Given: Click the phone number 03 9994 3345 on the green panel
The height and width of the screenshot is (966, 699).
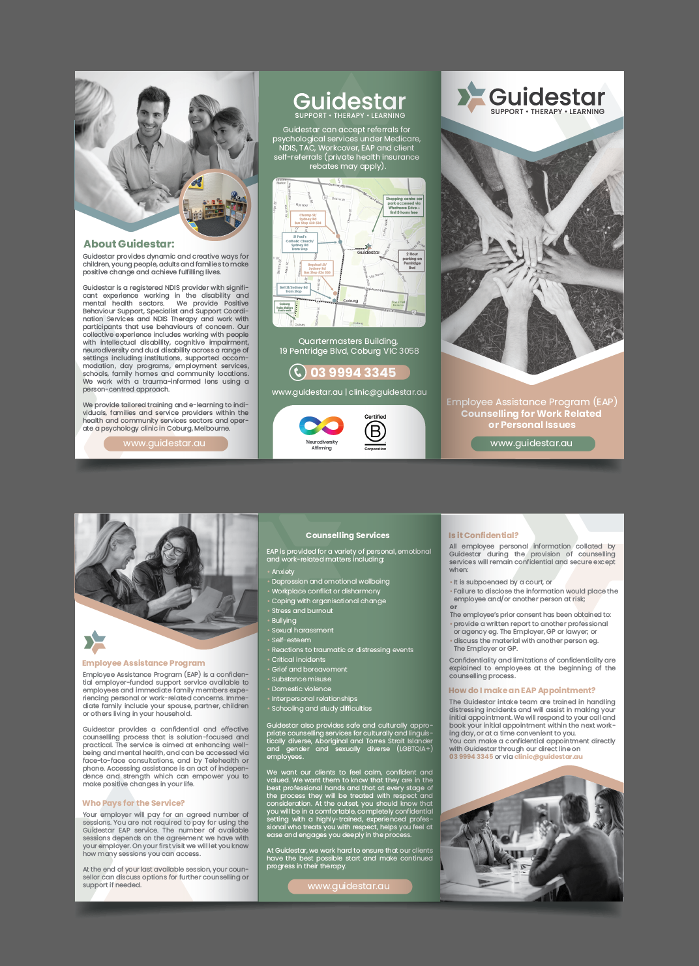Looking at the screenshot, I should (353, 373).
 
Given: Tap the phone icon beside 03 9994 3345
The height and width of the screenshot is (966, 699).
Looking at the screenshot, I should (298, 372).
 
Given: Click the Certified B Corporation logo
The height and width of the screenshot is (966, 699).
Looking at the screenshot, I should (375, 432).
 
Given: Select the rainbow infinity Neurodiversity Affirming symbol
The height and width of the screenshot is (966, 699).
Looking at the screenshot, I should (321, 427).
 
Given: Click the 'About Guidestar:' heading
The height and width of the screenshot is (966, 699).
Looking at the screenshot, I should (129, 244).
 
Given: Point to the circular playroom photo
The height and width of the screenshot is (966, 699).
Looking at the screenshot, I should (215, 206).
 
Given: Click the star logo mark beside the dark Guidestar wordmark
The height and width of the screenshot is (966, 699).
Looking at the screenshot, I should (471, 96).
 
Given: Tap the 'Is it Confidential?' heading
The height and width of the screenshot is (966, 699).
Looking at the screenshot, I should (483, 535).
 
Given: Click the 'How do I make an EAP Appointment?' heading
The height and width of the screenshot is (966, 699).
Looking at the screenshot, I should (522, 690).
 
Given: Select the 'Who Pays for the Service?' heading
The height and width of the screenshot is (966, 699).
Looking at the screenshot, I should (133, 803).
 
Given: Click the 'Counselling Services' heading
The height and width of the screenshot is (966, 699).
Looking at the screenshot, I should (348, 535).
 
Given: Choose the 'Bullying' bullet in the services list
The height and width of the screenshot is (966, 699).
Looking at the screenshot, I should (284, 621).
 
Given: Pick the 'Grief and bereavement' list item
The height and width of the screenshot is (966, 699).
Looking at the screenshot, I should (309, 670).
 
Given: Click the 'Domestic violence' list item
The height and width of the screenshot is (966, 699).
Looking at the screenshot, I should (301, 689).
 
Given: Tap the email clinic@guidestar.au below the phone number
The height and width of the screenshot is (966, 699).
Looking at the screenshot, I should (388, 392).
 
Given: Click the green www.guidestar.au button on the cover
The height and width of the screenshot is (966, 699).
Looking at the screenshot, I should (533, 444).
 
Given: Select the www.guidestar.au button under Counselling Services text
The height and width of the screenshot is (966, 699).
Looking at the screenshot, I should (349, 887).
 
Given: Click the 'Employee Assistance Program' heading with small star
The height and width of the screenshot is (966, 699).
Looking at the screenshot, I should (143, 663).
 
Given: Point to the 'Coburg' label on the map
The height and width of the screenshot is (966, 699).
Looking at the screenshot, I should (351, 301).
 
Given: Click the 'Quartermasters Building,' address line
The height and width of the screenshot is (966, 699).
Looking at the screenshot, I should (348, 341).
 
